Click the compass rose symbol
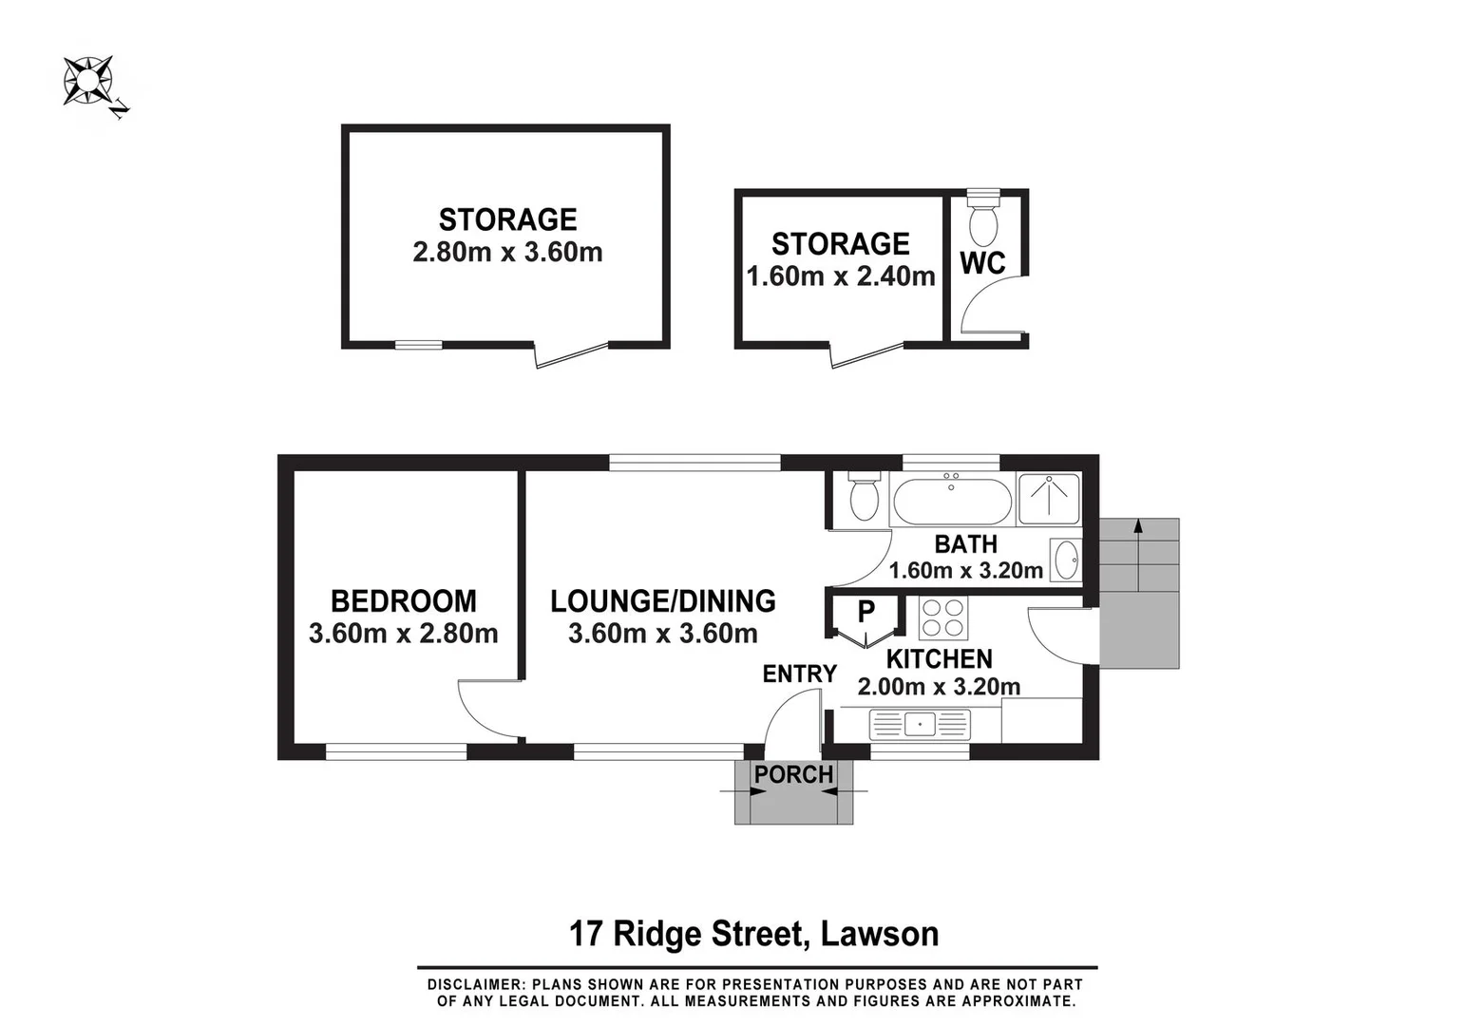(x=87, y=81)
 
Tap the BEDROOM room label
(x=403, y=601)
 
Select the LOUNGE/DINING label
(x=662, y=601)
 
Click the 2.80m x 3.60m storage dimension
(x=507, y=253)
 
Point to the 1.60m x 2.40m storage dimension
(x=840, y=276)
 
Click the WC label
(x=981, y=263)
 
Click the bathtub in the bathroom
(x=952, y=501)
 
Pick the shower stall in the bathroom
(x=1049, y=499)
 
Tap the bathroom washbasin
(x=1066, y=560)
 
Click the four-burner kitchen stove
(x=942, y=617)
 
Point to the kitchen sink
(x=920, y=725)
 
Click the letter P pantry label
(x=866, y=612)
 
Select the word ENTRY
(x=799, y=674)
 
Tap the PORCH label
(x=793, y=775)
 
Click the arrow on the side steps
(x=1137, y=529)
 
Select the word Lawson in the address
(x=879, y=934)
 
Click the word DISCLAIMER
(x=474, y=985)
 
